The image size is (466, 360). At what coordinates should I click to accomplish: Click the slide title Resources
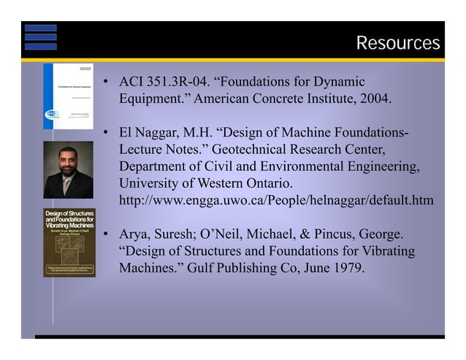[397, 44]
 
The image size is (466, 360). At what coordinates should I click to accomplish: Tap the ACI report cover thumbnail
[68, 96]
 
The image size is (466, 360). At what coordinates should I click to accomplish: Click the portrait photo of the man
[68, 170]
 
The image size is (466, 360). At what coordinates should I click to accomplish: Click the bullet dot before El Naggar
[106, 134]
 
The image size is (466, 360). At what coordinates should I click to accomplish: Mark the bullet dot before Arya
[106, 236]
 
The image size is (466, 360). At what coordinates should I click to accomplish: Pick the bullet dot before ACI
[106, 82]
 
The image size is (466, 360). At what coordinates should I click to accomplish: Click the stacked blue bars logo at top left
[40, 37]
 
